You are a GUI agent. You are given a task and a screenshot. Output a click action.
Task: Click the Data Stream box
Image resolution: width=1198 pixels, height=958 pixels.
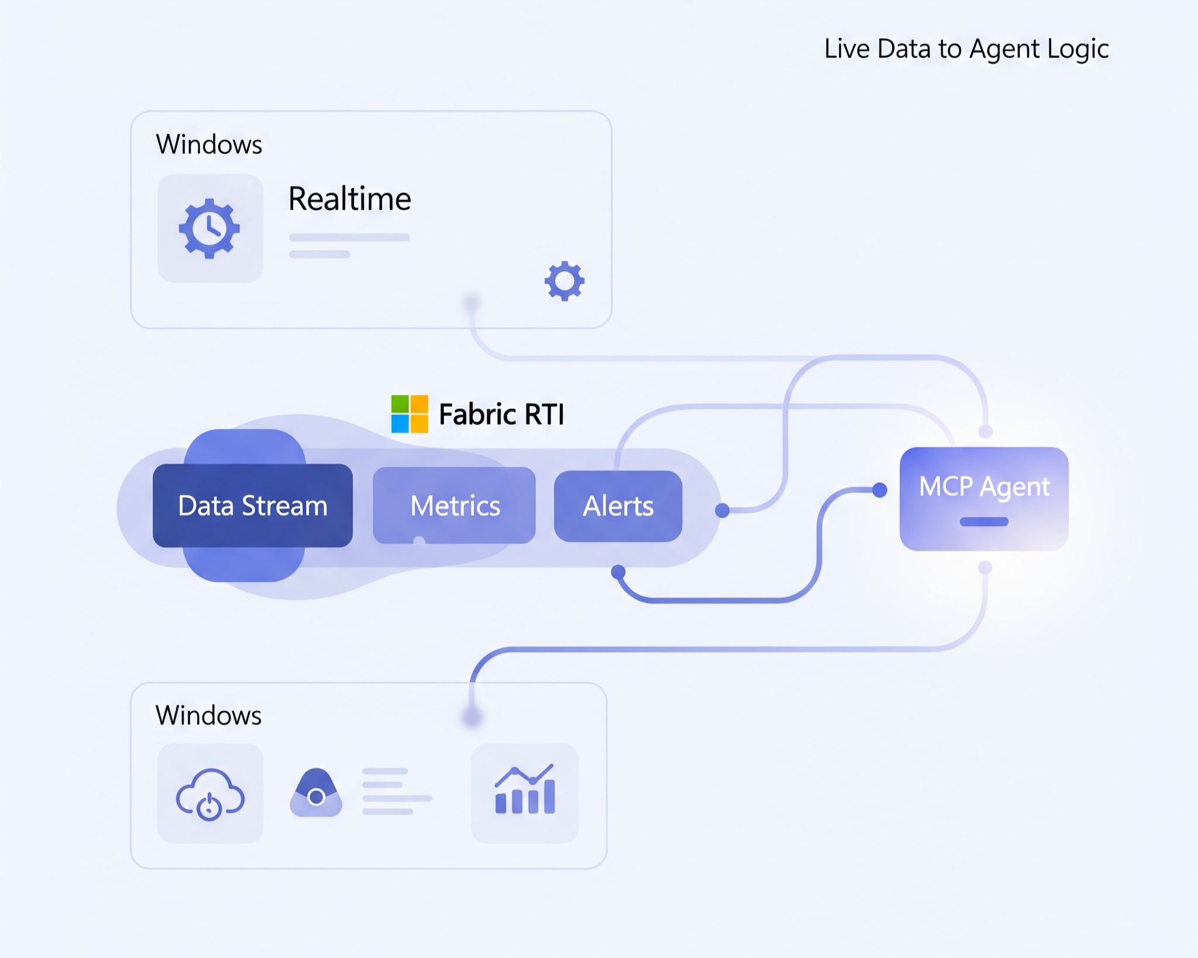[x=252, y=505]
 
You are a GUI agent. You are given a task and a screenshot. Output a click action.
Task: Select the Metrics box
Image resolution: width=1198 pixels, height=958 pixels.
[x=455, y=505]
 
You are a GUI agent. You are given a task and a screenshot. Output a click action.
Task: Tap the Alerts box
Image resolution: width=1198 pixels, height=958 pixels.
[x=618, y=506]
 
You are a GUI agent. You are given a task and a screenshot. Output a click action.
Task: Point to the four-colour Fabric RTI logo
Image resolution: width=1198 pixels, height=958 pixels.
[x=409, y=414]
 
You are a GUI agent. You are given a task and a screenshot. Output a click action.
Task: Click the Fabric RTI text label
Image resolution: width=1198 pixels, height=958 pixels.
[x=501, y=414]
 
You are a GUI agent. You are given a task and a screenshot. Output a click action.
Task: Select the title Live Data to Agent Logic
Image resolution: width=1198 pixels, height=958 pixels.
[x=966, y=49]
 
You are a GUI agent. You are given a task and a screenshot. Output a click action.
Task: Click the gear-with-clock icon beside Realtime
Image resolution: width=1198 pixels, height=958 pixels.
[x=209, y=228]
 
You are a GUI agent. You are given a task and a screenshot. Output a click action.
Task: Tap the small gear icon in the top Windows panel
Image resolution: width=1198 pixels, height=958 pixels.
[x=564, y=281]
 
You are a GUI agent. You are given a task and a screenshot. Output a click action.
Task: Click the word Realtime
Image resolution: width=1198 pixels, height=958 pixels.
[x=350, y=199]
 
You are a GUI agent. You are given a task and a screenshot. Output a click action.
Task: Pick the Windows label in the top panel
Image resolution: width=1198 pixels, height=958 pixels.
[x=209, y=144]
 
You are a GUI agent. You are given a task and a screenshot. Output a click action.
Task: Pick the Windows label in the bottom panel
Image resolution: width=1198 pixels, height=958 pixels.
[x=209, y=715]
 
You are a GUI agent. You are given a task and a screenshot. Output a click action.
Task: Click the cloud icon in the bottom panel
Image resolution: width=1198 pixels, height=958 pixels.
[x=210, y=794]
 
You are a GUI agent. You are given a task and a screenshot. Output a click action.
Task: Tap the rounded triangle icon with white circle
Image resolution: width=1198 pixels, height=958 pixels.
[x=316, y=793]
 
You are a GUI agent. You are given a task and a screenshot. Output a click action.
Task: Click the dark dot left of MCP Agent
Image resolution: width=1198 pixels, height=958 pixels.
[x=879, y=490]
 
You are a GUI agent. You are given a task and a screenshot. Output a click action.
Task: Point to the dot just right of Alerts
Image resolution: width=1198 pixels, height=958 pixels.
[x=722, y=511]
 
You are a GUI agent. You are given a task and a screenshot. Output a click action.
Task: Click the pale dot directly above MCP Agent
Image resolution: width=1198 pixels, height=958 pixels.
[x=986, y=432]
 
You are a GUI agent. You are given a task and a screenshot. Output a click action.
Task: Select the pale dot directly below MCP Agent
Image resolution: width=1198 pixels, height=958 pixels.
[x=985, y=567]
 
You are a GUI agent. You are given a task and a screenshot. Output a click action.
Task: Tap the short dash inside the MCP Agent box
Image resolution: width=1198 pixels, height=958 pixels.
[x=984, y=522]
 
